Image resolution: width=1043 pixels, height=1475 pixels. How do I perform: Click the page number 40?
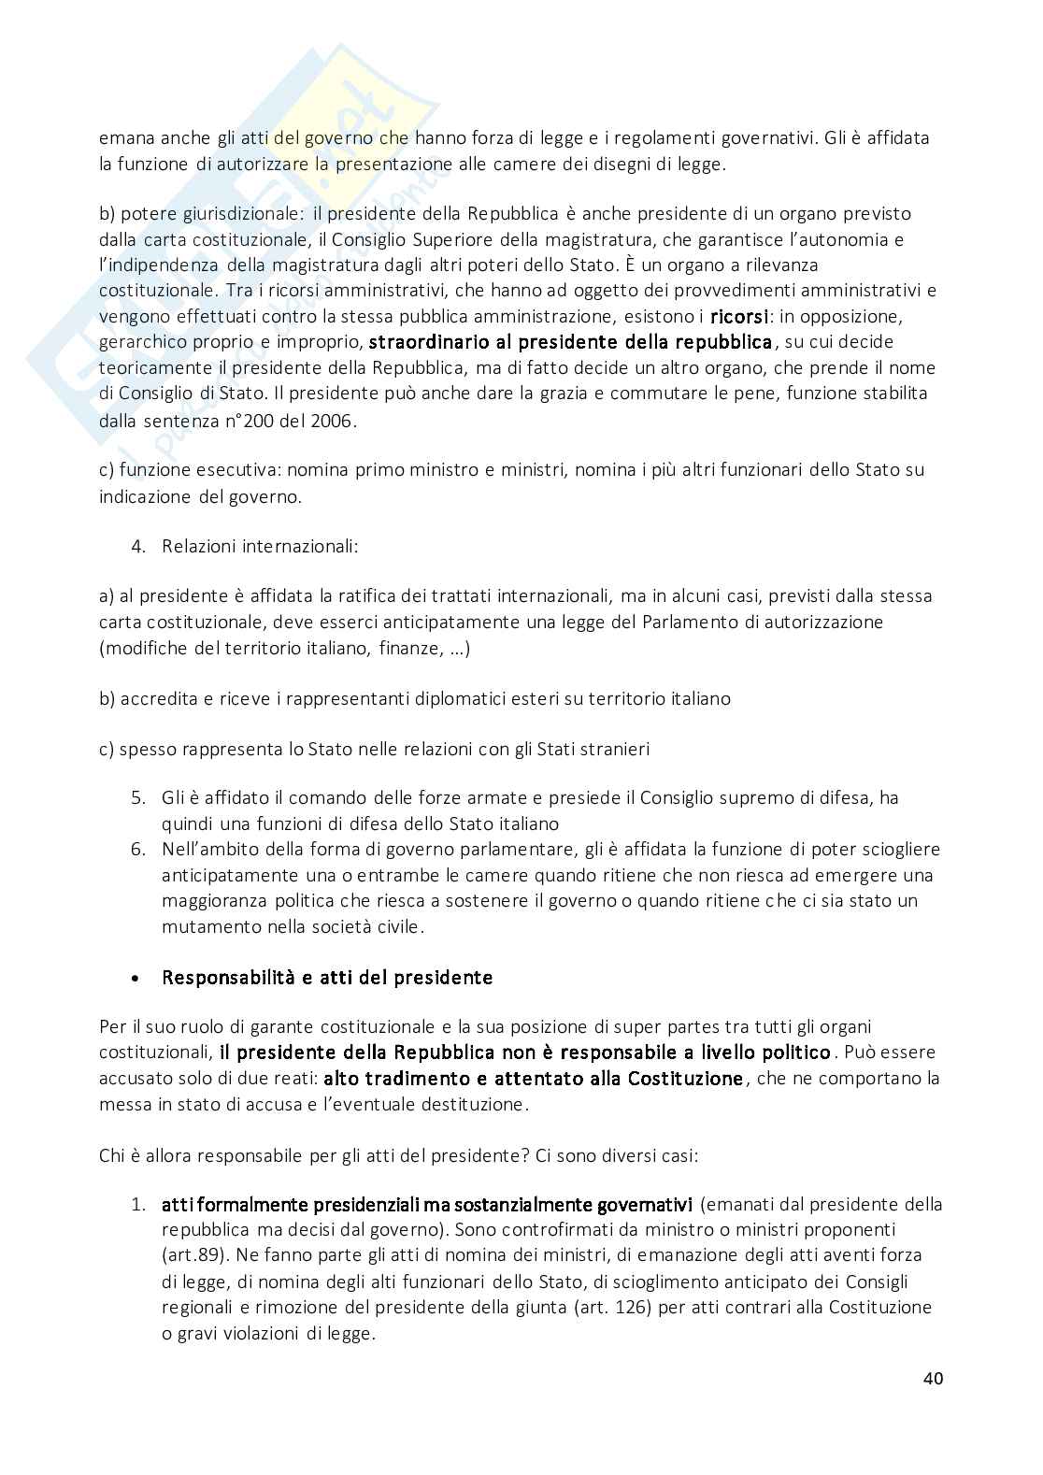click(932, 1379)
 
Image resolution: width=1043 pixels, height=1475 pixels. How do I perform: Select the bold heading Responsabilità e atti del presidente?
click(327, 978)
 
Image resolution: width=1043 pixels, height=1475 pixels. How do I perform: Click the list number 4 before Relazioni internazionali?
click(138, 546)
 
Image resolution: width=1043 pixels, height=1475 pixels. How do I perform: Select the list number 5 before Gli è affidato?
click(138, 798)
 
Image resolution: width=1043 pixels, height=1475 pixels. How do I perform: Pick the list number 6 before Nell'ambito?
click(138, 850)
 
